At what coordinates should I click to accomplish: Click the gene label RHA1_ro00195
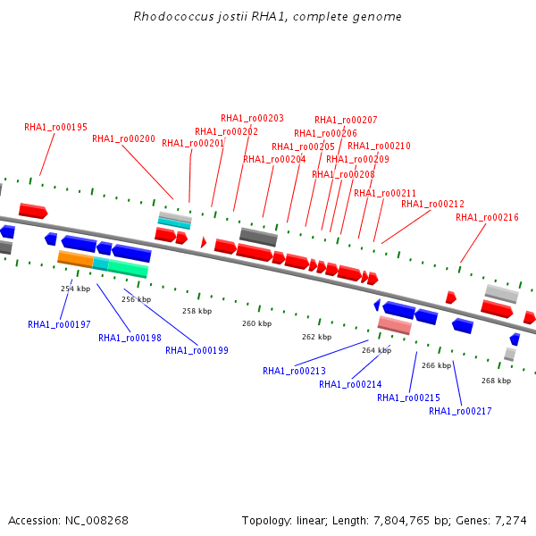[55, 128]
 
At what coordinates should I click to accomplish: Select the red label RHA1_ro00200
[123, 139]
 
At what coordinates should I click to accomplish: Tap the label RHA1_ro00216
[487, 218]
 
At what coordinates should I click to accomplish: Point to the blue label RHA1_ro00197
[59, 325]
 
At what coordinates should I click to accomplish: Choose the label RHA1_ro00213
[294, 371]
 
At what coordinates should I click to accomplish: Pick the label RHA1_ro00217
[460, 412]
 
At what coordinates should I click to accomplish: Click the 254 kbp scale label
[75, 289]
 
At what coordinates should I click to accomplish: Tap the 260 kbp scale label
[256, 323]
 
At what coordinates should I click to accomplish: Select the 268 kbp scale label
[496, 381]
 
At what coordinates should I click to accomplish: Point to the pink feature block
[394, 325]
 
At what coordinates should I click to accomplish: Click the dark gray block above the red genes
[258, 237]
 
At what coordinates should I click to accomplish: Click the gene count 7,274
[509, 520]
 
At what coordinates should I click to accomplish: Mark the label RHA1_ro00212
[432, 205]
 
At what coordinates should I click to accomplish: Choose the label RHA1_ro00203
[252, 118]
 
